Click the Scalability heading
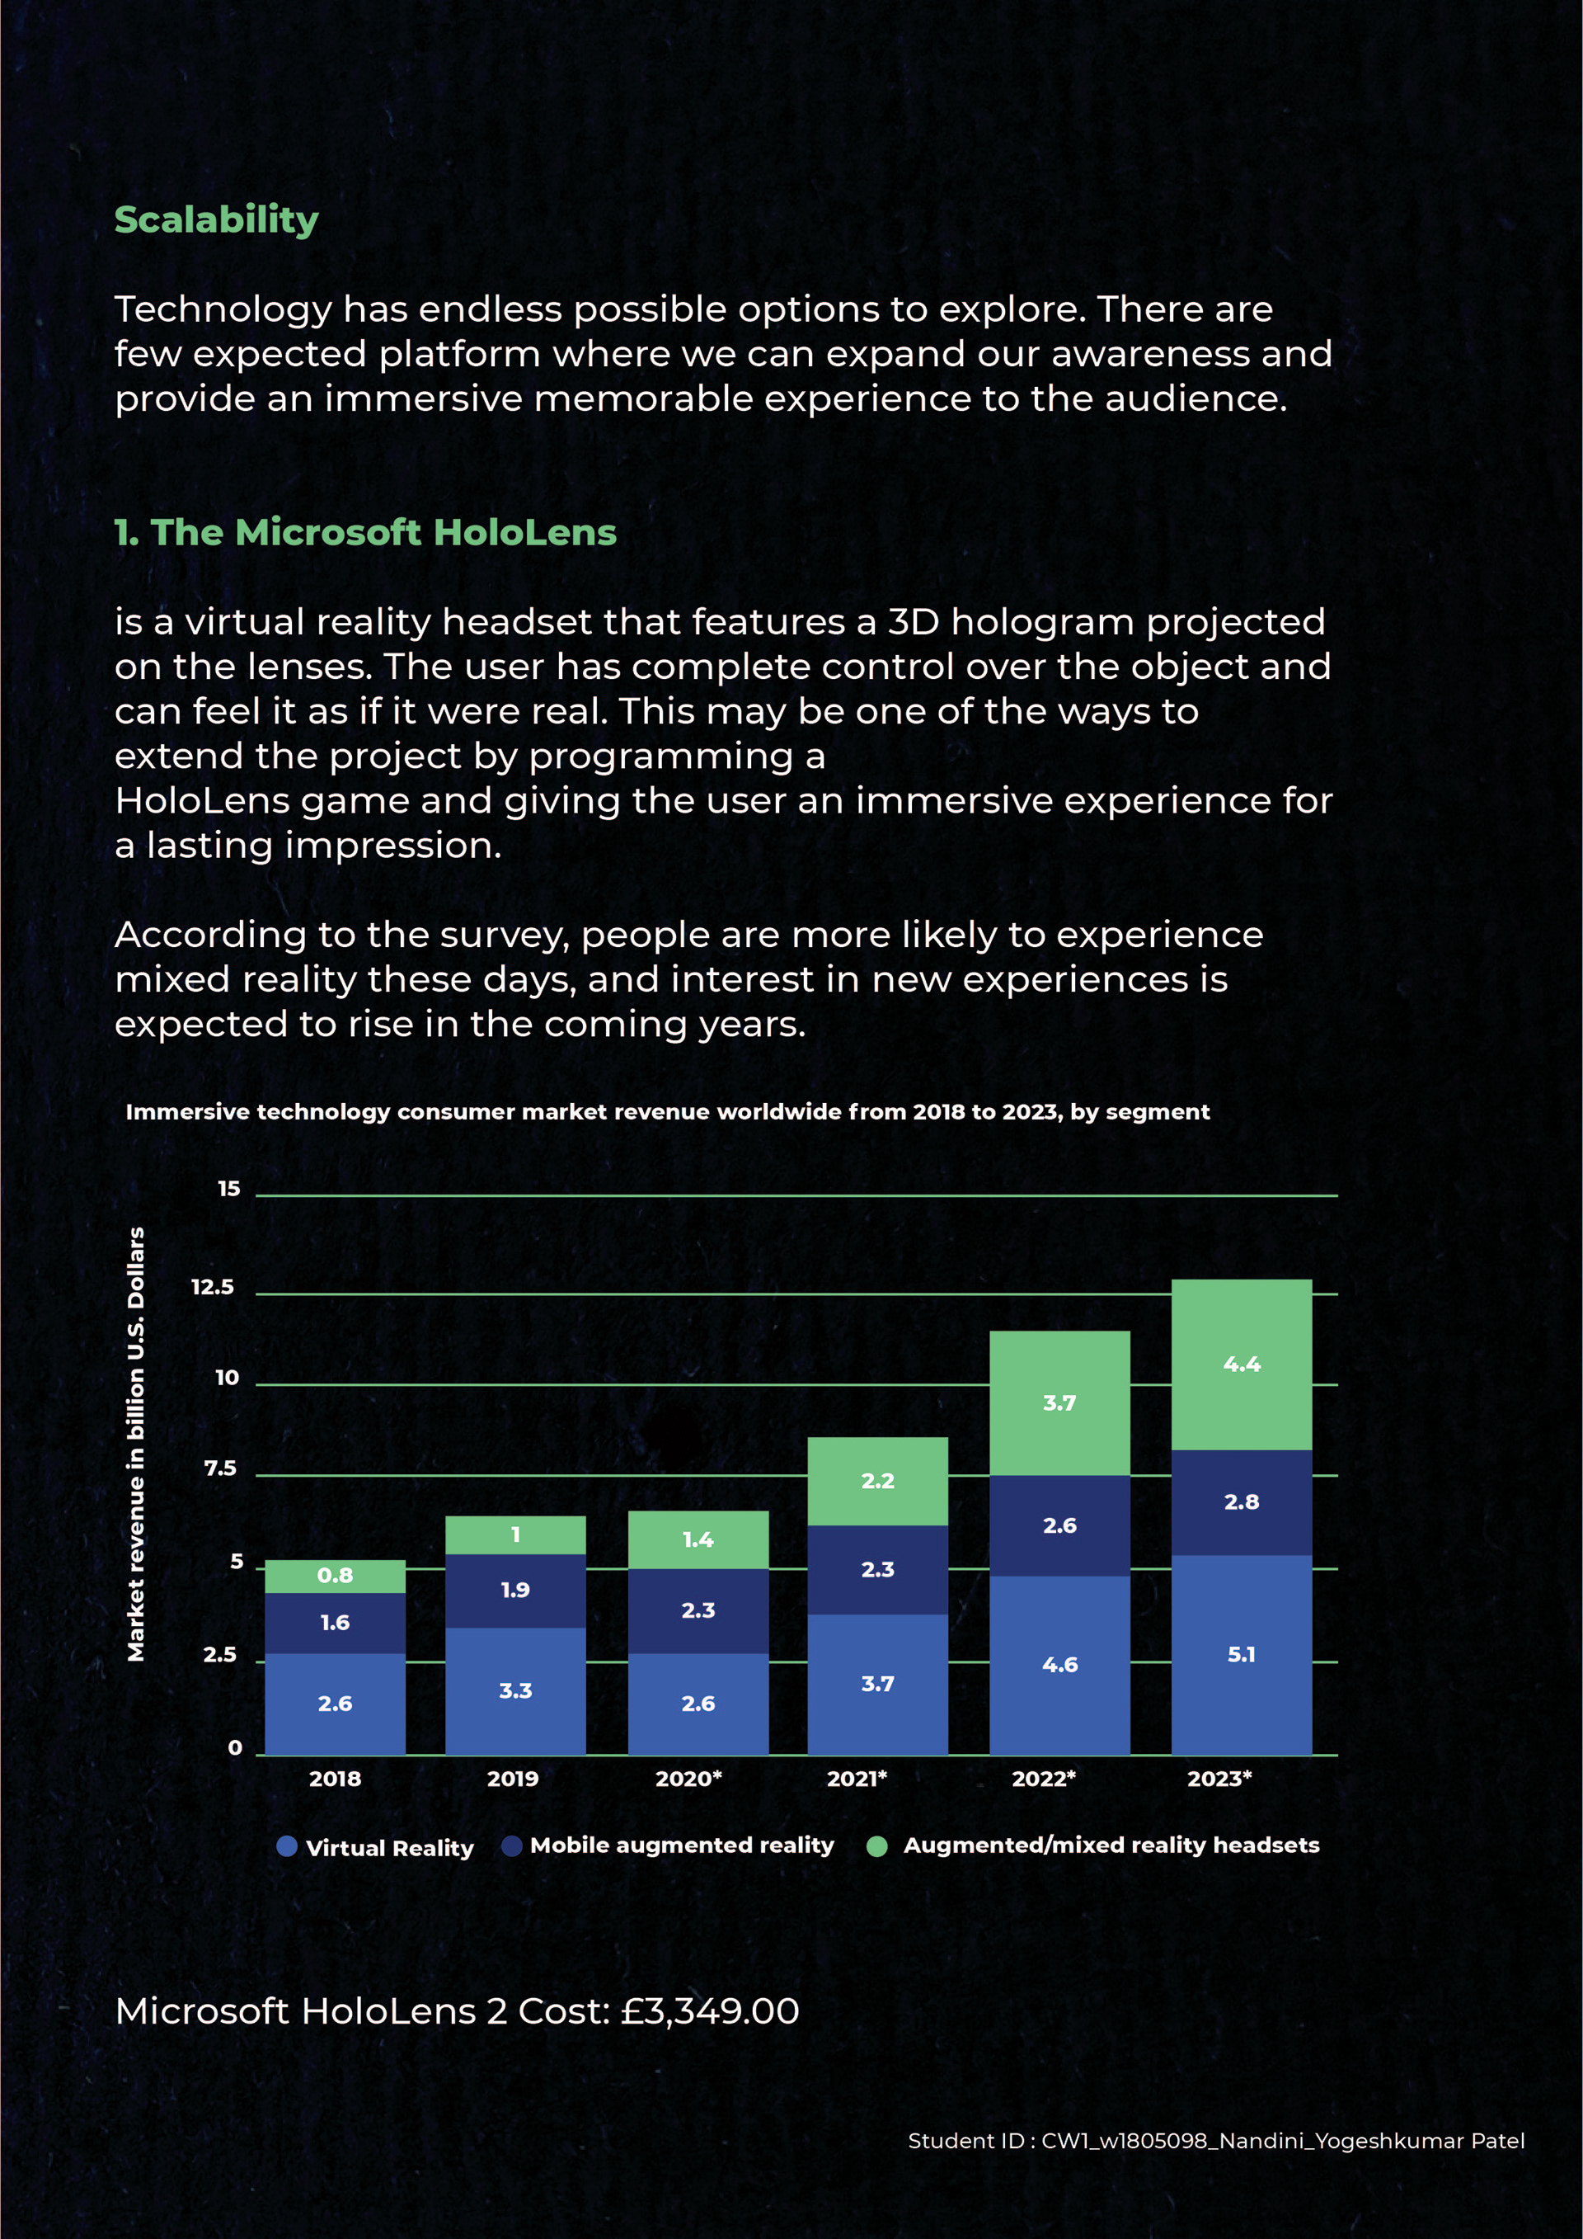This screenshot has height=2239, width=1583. click(x=216, y=219)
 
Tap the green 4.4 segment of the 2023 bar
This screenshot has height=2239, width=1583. click(x=1241, y=1365)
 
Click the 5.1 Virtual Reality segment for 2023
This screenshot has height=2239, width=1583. click(x=1241, y=1654)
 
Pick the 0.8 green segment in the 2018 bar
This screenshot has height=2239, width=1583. click(x=335, y=1575)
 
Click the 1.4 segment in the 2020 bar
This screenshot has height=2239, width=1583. click(x=698, y=1539)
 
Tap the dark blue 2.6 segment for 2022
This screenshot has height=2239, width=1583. click(x=1059, y=1525)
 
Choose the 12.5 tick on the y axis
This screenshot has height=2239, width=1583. click(x=213, y=1287)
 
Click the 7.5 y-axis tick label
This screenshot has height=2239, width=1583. click(x=220, y=1468)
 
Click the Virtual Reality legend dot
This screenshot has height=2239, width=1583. click(x=287, y=1846)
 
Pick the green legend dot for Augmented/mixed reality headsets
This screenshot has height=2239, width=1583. click(x=876, y=1846)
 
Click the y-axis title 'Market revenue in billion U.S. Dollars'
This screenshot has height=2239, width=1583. click(x=137, y=1443)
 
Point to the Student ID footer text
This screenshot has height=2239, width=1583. click(x=1215, y=2141)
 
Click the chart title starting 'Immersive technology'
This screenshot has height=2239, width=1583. click(x=667, y=1112)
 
